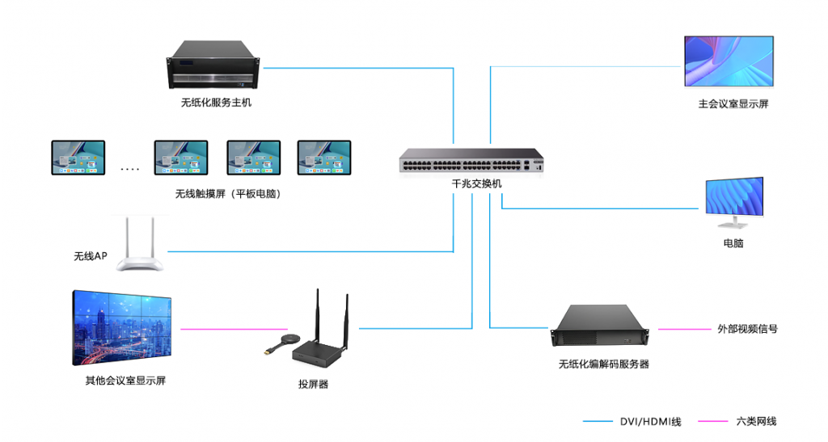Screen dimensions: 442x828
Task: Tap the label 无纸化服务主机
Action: (216, 103)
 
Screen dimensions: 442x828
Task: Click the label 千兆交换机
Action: (476, 184)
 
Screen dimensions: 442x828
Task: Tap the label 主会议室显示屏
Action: (733, 104)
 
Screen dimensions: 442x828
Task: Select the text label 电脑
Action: (733, 243)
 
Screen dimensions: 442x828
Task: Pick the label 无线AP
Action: (91, 257)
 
